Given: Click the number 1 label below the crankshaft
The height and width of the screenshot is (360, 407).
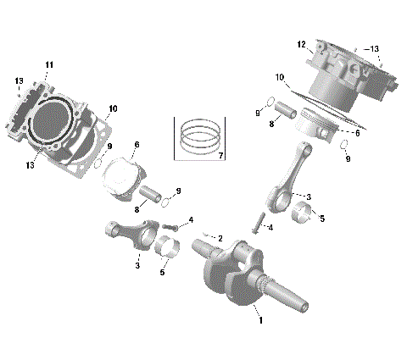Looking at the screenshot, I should coord(261,320).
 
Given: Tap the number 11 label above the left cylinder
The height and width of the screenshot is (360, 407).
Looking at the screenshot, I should coord(49,65).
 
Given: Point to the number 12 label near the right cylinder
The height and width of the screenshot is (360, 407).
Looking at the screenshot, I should coord(301,44).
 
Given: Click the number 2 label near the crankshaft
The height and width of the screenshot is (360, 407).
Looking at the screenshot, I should coord(220,239).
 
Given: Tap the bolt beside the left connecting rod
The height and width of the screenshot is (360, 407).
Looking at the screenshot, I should coord(171,227).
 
